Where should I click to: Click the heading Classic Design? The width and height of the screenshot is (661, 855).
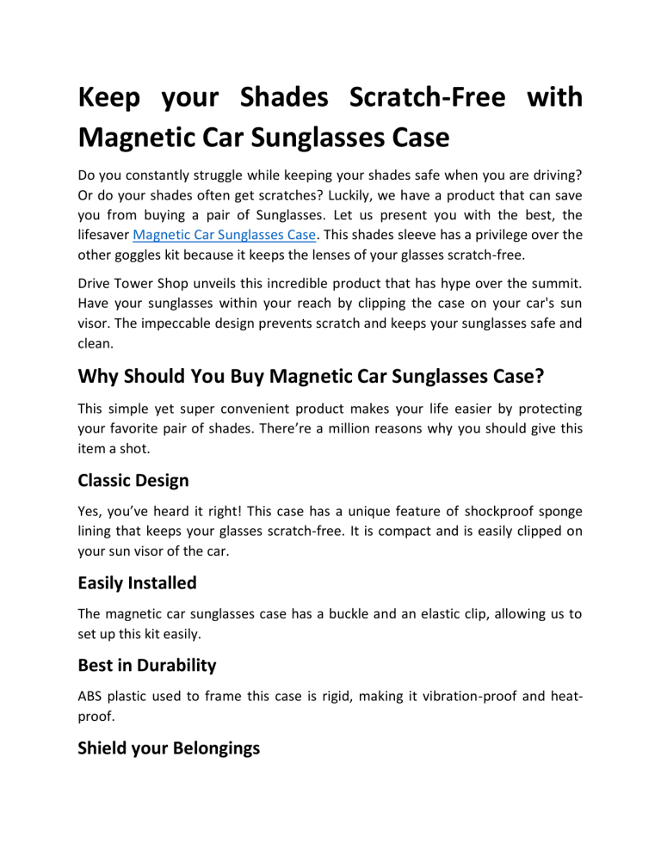(133, 480)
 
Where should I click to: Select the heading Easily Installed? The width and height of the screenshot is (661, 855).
(137, 582)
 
